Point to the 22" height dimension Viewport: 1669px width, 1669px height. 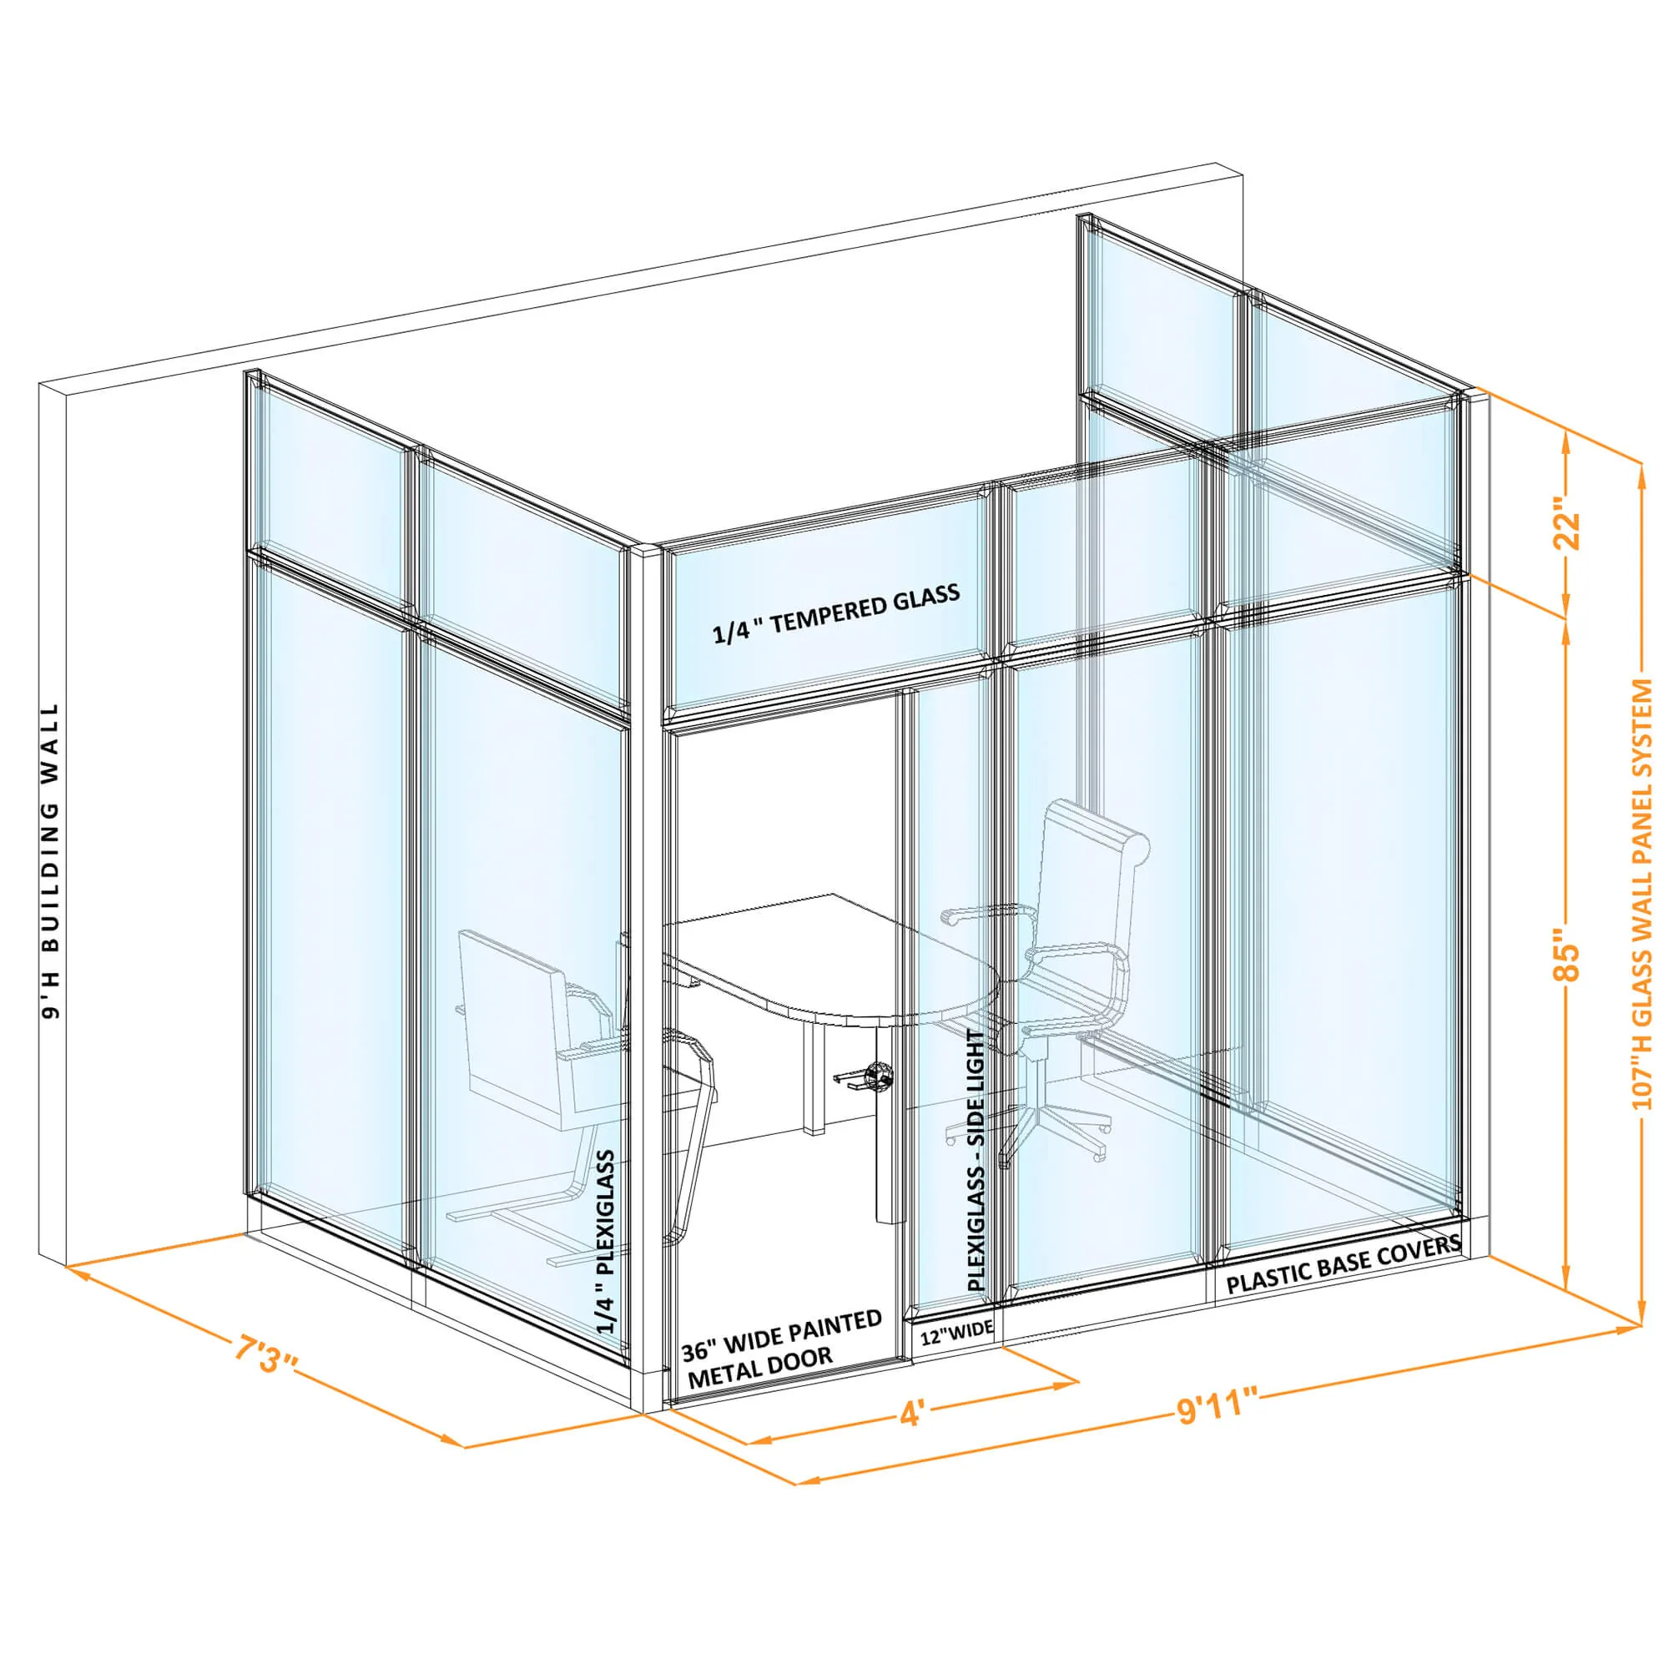point(1566,523)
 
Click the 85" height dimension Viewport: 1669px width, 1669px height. point(1566,956)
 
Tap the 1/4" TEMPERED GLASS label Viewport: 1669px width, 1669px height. point(835,613)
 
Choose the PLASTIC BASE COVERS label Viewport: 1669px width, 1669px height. point(1344,1268)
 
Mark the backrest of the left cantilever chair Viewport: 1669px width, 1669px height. point(510,1011)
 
